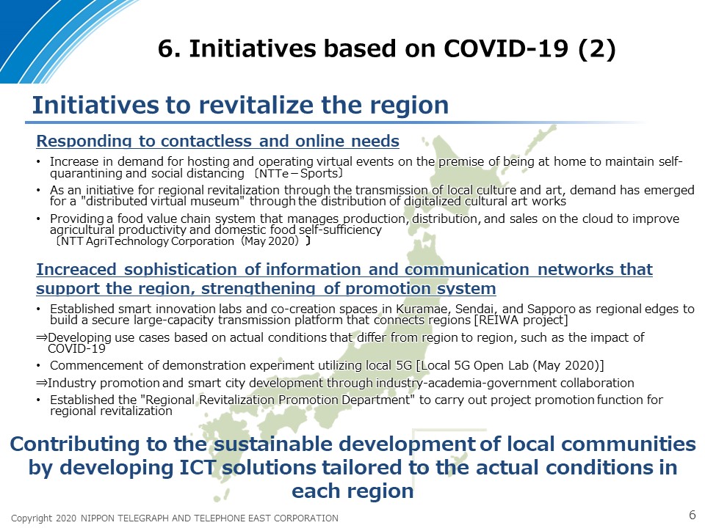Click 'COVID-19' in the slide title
point(506,48)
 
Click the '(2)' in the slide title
point(596,49)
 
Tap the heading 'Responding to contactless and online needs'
point(217,141)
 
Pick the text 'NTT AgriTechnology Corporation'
point(148,241)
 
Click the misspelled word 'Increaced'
point(76,269)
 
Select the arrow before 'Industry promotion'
point(42,383)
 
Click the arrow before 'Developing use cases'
point(42,337)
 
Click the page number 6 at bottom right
point(693,515)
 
